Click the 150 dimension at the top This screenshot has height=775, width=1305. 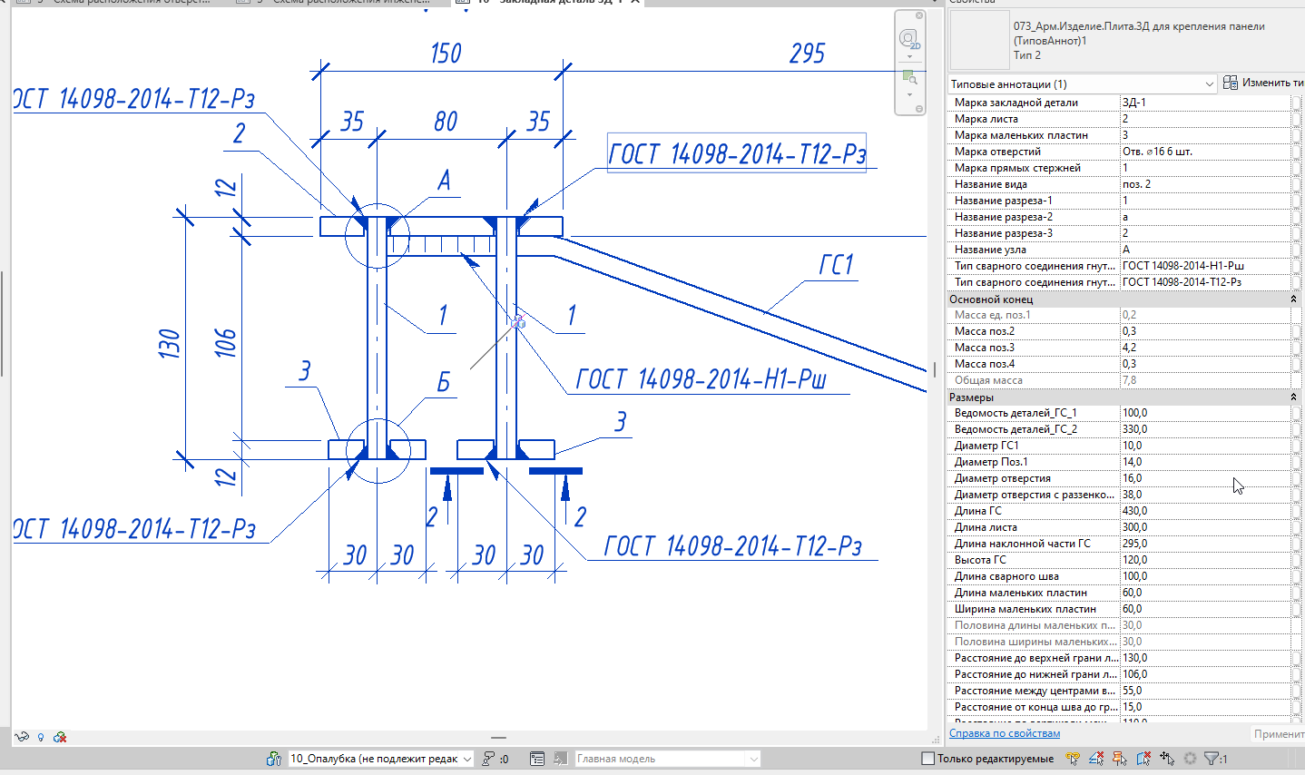click(x=446, y=54)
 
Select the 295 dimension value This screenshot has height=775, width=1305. click(x=807, y=54)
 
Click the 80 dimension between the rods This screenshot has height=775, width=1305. click(x=446, y=122)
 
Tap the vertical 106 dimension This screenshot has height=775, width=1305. click(x=225, y=342)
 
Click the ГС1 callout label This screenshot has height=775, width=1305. click(x=836, y=265)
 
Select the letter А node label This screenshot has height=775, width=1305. click(x=444, y=181)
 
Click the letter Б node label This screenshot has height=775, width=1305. click(x=444, y=382)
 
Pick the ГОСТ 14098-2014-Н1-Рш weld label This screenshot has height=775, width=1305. click(x=701, y=379)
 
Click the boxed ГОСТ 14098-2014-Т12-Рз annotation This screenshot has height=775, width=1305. click(x=736, y=154)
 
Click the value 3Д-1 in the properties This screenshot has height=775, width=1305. click(x=1134, y=103)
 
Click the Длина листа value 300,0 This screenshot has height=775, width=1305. click(x=1134, y=527)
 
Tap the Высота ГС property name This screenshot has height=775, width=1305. click(x=980, y=560)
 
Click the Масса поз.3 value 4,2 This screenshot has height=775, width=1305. click(x=1129, y=348)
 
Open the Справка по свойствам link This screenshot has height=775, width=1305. click(x=1004, y=733)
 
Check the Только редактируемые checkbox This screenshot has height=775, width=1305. click(x=927, y=759)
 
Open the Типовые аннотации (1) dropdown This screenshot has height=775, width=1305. click(x=1082, y=83)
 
